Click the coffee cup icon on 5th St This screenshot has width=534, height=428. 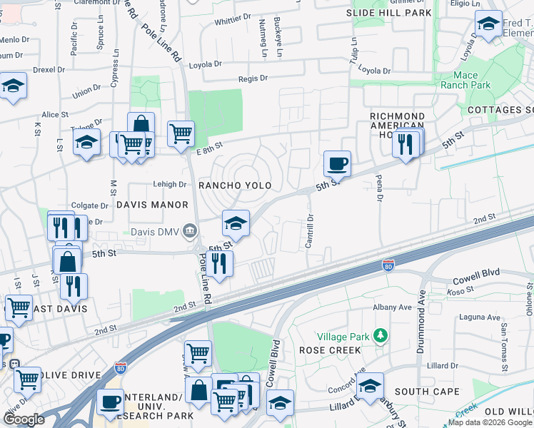[x=337, y=163]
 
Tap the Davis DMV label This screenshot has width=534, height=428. [x=155, y=230]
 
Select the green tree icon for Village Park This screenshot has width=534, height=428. [x=381, y=335]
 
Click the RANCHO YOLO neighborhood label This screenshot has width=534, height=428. [x=235, y=185]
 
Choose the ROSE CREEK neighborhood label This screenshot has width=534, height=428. [x=330, y=350]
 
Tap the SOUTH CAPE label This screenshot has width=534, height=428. [x=427, y=392]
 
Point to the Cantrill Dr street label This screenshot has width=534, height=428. [x=310, y=232]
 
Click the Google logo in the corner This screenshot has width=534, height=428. [x=24, y=419]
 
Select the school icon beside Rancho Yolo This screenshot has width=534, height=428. [x=236, y=223]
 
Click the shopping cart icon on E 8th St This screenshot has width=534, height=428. [x=181, y=132]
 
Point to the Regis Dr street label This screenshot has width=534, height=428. [x=253, y=78]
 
